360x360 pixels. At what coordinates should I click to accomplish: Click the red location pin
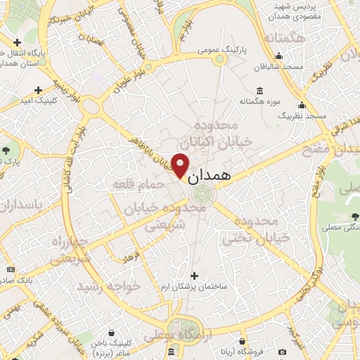[x=181, y=166]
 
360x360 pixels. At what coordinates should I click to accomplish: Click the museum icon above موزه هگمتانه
[x=260, y=90]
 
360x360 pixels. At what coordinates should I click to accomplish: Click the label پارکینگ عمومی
[x=220, y=50]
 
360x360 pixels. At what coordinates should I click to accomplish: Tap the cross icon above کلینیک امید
[x=38, y=89]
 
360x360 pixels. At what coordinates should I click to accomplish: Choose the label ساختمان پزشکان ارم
[x=194, y=287]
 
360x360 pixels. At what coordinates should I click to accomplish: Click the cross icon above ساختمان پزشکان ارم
[x=195, y=276]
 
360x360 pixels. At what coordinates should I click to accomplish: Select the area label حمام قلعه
[x=138, y=184]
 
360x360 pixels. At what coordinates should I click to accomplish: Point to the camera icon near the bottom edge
[x=282, y=351]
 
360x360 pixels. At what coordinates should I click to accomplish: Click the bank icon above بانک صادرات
[x=11, y=269]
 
